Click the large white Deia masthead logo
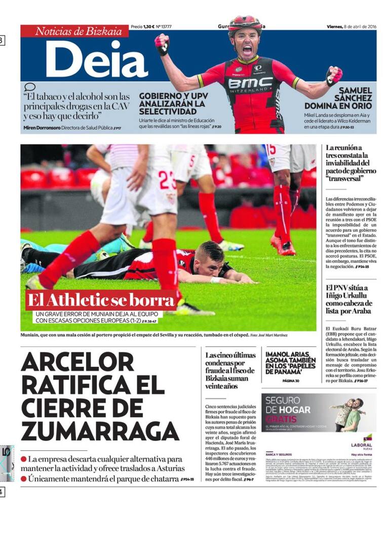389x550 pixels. tap(97, 59)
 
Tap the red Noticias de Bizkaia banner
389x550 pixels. tap(75, 31)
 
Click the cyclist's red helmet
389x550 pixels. tap(245, 23)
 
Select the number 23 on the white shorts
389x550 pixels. tap(167, 180)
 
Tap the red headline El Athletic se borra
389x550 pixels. tap(101, 300)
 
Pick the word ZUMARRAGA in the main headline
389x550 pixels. tap(100, 430)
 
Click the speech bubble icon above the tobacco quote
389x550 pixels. tap(30, 87)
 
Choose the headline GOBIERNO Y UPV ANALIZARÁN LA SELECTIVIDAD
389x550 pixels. tap(172, 103)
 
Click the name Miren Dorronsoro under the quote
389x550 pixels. tap(42, 128)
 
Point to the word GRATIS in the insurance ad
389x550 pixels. tap(281, 419)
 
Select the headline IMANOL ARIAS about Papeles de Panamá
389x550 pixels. tap(291, 363)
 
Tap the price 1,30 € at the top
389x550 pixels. tap(148, 26)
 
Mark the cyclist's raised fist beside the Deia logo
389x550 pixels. tap(162, 43)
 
